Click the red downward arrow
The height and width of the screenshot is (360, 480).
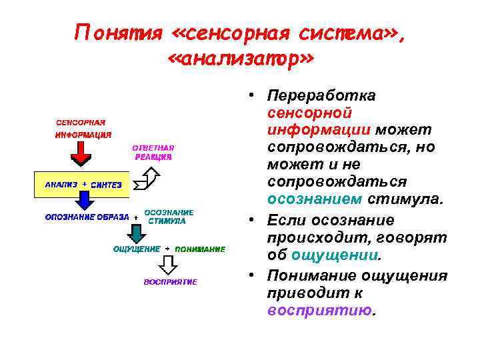pos(80,155)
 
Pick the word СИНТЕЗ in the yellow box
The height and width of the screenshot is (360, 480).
pos(106,185)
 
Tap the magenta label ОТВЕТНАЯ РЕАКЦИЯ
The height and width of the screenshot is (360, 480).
pos(153,152)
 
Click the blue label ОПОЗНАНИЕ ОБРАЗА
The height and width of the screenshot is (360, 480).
pos(87,217)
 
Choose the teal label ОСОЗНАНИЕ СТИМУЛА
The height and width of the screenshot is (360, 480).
pos(170,217)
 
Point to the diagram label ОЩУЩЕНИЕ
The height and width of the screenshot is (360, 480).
pos(137,249)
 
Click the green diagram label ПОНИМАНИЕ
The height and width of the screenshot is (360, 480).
pos(199,249)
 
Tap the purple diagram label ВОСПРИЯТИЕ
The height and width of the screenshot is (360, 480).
pos(171,282)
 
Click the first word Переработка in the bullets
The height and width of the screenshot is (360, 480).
pos(321,96)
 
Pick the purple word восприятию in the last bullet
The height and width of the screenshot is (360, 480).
pos(319,310)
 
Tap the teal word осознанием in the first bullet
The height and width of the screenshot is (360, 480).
pos(315,199)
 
